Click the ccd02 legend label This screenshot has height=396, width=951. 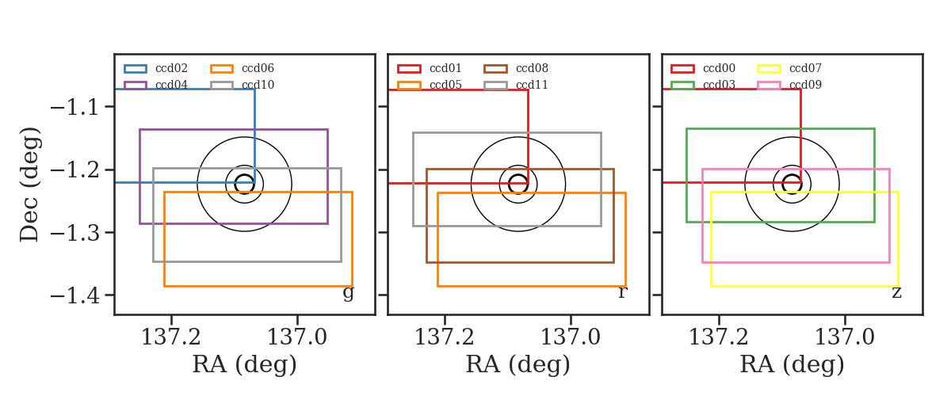tap(171, 68)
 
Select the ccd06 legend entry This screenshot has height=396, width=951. tap(258, 68)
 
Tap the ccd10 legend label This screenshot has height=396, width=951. tap(258, 85)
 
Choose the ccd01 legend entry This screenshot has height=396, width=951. tap(445, 68)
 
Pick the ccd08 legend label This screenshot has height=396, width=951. tap(532, 68)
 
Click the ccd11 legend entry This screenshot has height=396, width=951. tap(532, 85)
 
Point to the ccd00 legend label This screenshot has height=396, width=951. tap(720, 68)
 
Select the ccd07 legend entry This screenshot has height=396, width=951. tap(805, 68)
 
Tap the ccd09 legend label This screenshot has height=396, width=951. tap(805, 85)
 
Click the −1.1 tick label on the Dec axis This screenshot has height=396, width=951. tap(74, 108)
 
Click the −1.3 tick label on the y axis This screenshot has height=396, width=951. tap(74, 233)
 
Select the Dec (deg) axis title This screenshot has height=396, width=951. tap(30, 185)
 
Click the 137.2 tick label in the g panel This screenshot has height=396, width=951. tap(170, 337)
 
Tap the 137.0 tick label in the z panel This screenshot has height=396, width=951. tap(845, 337)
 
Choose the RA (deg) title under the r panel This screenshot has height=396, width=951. tap(518, 364)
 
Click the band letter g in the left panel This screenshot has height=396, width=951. tap(348, 293)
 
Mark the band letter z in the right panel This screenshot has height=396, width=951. tap(896, 292)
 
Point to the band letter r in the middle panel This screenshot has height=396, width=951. tap(623, 292)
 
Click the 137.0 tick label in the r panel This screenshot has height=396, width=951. tap(570, 337)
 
